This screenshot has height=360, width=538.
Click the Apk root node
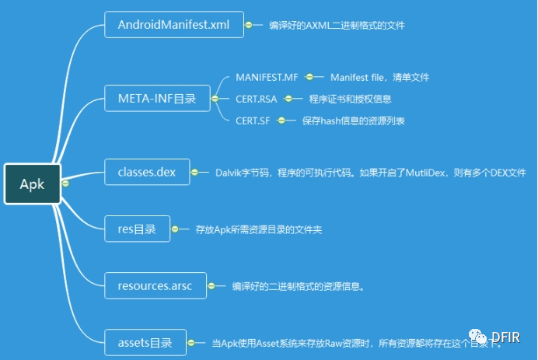pyautogui.click(x=32, y=183)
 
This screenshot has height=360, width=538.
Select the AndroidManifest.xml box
pyautogui.click(x=173, y=25)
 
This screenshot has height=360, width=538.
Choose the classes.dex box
pyautogui.click(x=147, y=172)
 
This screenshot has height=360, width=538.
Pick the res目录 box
pyautogui.click(x=137, y=229)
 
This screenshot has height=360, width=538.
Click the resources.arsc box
pyautogui.click(x=155, y=285)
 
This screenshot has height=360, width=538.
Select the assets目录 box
pyautogui.click(x=146, y=341)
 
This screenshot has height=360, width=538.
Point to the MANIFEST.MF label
pyautogui.click(x=267, y=78)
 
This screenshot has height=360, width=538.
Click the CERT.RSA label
pyautogui.click(x=256, y=99)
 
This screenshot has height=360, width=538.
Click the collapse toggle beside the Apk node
pyautogui.click(x=65, y=183)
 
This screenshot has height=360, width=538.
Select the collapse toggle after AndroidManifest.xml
pyautogui.click(x=249, y=25)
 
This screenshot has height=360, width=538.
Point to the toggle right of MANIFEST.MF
pyautogui.click(x=309, y=78)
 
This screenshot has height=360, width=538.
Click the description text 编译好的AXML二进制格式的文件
pyautogui.click(x=337, y=25)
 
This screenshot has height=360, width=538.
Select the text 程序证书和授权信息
pyautogui.click(x=350, y=99)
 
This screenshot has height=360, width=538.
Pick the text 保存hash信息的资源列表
pyautogui.click(x=354, y=121)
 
